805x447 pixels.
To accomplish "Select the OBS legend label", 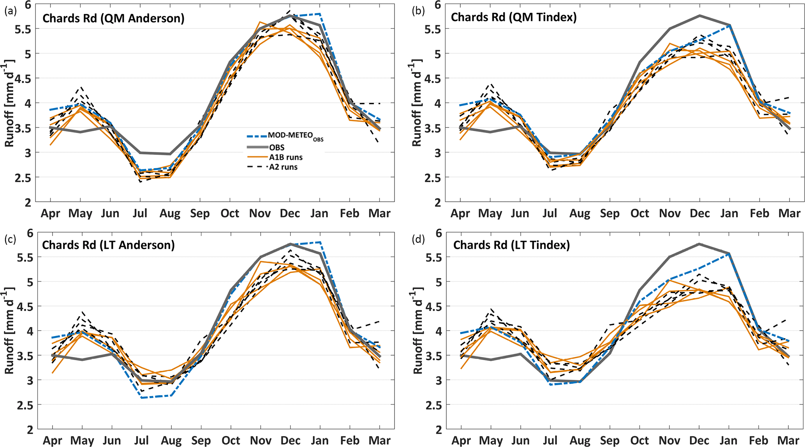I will click(277, 148).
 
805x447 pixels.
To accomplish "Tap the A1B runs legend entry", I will click(286, 157).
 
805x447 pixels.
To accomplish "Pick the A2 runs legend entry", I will click(284, 167).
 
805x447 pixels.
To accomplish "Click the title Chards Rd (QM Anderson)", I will click(113, 18).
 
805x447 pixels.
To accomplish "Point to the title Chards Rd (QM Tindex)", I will click(514, 17).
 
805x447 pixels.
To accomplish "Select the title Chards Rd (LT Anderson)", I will click(108, 245).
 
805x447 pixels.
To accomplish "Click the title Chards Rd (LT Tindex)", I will click(511, 245).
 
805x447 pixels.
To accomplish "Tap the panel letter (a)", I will click(11, 11).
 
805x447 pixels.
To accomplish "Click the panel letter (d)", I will click(419, 239).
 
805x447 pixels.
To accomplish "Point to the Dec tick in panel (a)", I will click(290, 213).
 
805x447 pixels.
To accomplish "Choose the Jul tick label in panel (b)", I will click(550, 213).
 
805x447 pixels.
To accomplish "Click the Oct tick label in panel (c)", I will click(231, 440).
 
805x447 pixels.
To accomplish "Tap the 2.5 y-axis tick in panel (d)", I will click(433, 405).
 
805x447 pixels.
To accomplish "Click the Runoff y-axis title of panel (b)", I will click(417, 103).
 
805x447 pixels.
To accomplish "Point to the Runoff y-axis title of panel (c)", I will click(9, 331).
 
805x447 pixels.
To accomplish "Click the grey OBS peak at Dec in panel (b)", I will click(700, 16).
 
